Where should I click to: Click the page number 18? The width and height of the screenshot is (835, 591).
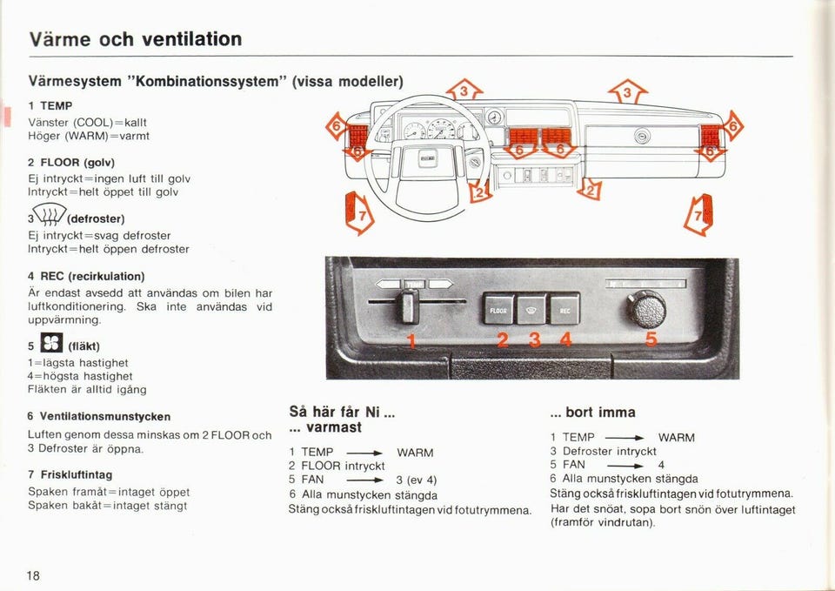(33, 575)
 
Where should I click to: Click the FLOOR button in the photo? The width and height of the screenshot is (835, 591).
(498, 309)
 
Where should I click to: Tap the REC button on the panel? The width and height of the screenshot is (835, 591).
(564, 309)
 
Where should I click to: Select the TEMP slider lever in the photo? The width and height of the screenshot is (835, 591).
(410, 306)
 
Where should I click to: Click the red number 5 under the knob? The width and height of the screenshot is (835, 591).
(651, 339)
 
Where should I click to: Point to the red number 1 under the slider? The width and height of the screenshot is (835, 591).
(411, 340)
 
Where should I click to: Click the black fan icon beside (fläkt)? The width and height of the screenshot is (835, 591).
(51, 343)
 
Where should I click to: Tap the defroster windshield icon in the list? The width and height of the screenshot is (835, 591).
(50, 214)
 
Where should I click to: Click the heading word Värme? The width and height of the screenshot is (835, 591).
(60, 39)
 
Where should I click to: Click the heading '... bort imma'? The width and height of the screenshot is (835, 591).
(592, 412)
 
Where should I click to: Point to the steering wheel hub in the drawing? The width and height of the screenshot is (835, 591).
(428, 159)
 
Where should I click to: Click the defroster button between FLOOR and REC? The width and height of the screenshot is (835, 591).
(531, 310)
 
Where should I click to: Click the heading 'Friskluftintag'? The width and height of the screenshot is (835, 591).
(77, 475)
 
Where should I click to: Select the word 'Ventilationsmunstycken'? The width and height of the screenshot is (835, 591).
(105, 417)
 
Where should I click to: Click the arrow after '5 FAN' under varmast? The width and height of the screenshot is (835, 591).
(364, 480)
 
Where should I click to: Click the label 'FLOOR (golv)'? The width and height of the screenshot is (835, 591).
(77, 163)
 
